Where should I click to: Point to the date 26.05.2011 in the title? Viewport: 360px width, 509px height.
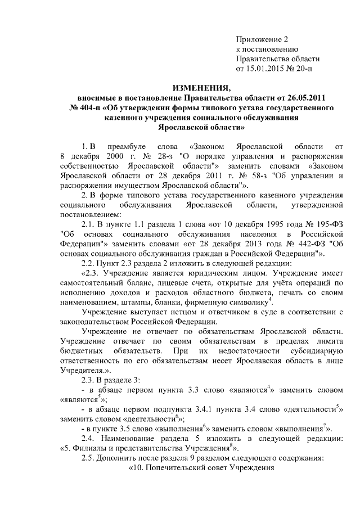(x=306, y=98)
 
